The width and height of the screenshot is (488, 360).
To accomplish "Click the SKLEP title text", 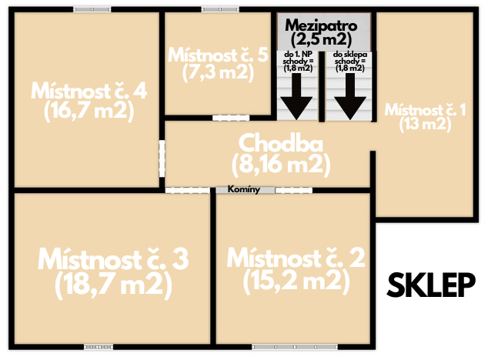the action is click(x=431, y=285).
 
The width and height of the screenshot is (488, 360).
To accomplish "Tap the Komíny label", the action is click(x=244, y=189).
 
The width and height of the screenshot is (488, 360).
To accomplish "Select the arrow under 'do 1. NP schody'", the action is click(x=296, y=96).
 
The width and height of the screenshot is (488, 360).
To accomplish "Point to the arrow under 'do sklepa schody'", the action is click(x=350, y=96).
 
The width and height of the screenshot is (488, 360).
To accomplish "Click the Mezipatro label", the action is click(x=321, y=25).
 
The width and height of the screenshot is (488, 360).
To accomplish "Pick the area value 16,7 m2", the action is click(x=89, y=111).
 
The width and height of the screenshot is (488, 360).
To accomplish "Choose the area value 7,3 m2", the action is click(x=218, y=73).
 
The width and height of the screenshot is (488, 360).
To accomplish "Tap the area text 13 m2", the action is click(x=425, y=124).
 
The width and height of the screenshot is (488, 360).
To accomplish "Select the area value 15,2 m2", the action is click(x=296, y=280).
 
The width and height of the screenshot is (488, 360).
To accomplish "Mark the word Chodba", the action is click(x=281, y=144).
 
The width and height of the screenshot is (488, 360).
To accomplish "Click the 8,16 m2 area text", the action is click(x=281, y=165).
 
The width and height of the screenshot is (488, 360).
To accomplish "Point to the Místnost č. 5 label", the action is click(x=218, y=55).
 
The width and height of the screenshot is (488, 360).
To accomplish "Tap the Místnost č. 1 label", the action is click(x=425, y=110).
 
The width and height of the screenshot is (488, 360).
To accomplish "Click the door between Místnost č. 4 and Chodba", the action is click(x=162, y=158).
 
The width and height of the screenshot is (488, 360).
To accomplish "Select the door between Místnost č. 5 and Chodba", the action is click(x=231, y=118).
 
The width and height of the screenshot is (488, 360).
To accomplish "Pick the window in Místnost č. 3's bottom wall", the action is click(x=99, y=346).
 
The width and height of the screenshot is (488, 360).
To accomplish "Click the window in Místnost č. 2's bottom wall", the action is click(x=295, y=346).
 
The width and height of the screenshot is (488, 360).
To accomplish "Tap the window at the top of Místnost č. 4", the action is click(x=92, y=9).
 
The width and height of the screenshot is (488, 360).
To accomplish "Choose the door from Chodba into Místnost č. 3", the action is click(x=187, y=190).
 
